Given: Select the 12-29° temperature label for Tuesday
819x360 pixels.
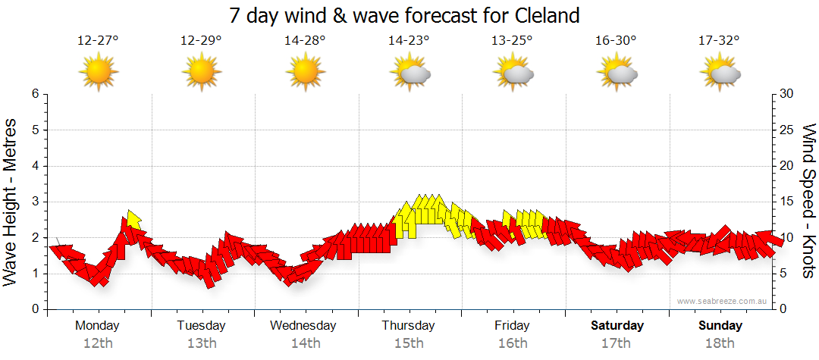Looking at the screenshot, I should (x=201, y=41).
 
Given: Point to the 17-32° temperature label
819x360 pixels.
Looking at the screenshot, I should (x=719, y=41).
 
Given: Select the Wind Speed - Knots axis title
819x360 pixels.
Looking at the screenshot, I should (x=808, y=201).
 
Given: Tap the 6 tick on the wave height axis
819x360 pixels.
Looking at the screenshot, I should (x=34, y=94).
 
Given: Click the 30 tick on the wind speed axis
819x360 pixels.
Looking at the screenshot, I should (x=787, y=94).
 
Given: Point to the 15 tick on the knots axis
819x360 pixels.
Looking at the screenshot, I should (x=787, y=202).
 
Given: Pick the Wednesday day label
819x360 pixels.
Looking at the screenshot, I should (x=303, y=326).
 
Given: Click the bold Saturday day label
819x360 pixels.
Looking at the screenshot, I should (x=617, y=326).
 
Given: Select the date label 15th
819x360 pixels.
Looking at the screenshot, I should (x=409, y=343).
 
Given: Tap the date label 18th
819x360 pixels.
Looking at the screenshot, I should (x=720, y=343).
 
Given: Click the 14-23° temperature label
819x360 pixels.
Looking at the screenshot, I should (x=409, y=41).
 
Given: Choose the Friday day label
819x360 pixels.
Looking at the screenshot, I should (x=513, y=326).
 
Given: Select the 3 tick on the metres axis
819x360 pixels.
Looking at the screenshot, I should (x=34, y=202).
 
